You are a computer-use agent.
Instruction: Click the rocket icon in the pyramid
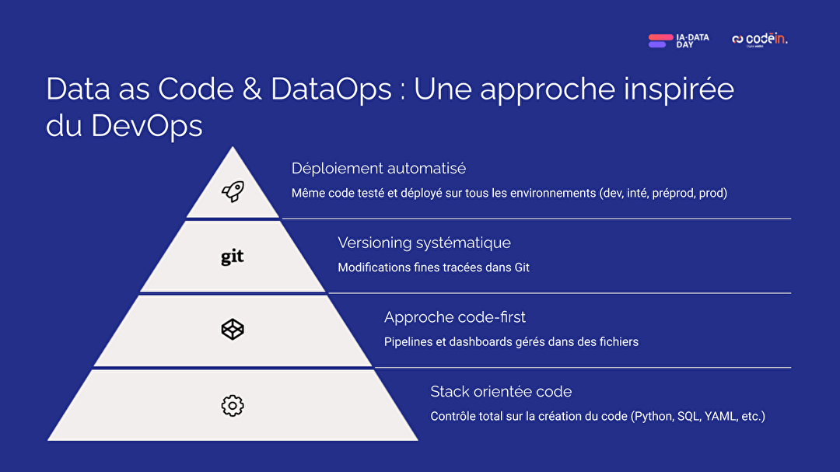[x=233, y=191]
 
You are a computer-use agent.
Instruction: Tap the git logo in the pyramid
[x=233, y=257]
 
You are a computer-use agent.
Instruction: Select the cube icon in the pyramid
[x=233, y=330]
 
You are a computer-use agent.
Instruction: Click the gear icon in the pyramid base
[x=233, y=406]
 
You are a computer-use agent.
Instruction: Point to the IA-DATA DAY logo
[x=679, y=40]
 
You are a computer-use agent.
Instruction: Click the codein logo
[x=760, y=39]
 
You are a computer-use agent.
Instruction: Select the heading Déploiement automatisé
[x=379, y=168]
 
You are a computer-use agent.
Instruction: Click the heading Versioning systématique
[x=425, y=243]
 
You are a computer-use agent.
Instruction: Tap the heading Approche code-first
[x=455, y=317]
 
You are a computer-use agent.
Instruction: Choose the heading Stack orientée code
[x=501, y=392]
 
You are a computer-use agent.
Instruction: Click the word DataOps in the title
[x=331, y=89]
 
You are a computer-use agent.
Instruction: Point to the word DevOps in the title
[x=147, y=126]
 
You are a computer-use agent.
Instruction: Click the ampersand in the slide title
[x=252, y=89]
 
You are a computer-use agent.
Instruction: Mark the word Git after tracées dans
[x=522, y=267]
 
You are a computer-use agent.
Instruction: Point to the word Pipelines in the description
[x=408, y=342]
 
